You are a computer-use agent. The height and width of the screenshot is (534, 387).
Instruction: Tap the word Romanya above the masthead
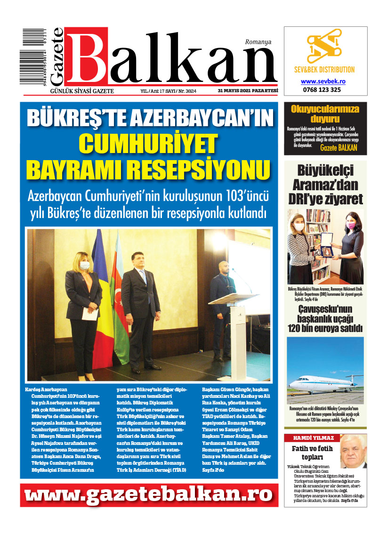(258, 42)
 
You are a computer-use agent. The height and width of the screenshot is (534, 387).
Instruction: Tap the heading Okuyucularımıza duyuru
(325, 114)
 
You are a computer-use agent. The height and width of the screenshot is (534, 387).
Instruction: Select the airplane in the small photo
(325, 380)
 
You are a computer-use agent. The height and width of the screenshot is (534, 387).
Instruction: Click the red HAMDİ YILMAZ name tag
(310, 438)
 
